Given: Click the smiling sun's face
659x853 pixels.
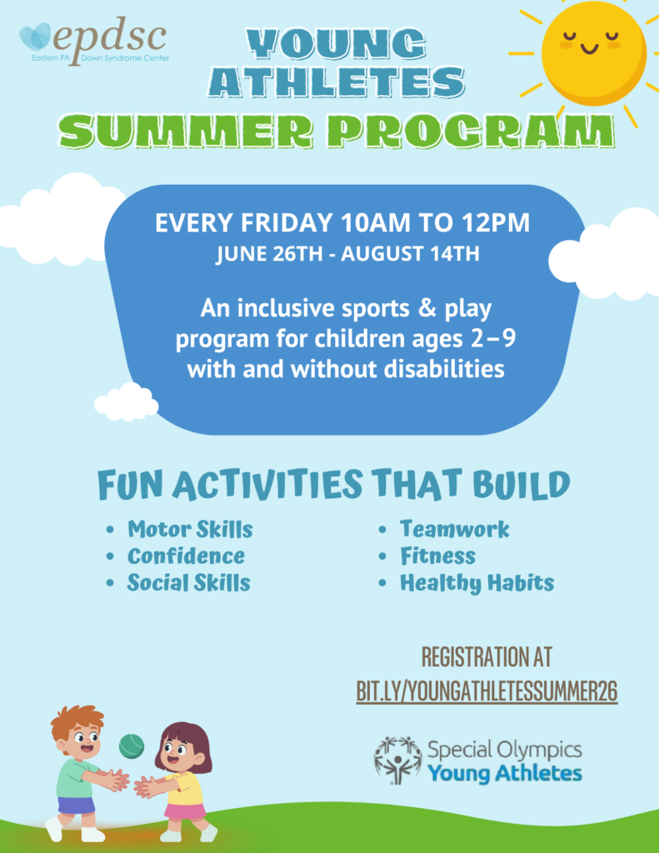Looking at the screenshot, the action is pos(593,52).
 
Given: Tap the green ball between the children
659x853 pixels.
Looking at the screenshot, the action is pos(132,746).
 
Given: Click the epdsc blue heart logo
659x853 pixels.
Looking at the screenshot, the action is pos(35,36).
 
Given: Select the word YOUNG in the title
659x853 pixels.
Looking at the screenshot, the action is pos(336,43).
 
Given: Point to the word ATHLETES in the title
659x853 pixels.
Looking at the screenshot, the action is pos(336,82).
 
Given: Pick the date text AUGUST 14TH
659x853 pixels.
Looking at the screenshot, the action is pos(410,254).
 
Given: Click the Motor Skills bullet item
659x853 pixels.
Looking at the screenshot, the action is pos(190,529).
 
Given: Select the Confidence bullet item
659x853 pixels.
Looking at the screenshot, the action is pos(186,556).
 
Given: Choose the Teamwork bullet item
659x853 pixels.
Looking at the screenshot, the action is pos(454,529).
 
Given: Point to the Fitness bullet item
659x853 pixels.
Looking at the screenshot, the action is pos(437,556).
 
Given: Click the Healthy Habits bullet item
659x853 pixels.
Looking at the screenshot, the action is pos(477,583).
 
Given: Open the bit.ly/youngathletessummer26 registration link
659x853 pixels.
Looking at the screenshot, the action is pos(487,691).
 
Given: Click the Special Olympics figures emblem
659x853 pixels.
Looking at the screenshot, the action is pos(397,761).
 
